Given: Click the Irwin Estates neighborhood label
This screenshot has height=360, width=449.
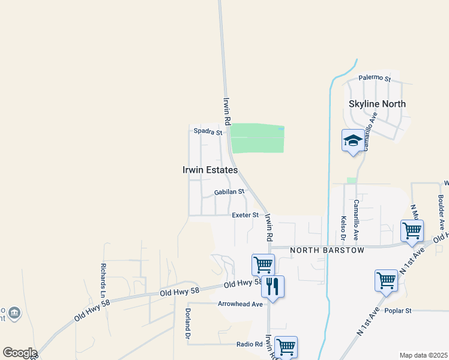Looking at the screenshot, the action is click(210, 170).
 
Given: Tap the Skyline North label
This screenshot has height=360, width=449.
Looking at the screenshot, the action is click(377, 104).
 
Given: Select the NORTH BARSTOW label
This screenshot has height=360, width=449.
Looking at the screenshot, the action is click(327, 250).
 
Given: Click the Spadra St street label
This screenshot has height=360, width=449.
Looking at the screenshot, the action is click(208, 131).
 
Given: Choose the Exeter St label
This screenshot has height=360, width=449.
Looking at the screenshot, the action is click(245, 215).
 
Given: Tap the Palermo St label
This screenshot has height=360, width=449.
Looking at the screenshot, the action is click(375, 79).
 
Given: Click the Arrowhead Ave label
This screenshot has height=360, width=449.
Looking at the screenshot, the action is click(240, 304).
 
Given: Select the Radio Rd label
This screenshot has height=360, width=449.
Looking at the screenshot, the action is click(250, 344).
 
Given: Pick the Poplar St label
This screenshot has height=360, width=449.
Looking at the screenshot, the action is click(399, 311).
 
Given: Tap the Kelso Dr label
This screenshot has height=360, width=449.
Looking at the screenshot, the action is click(344, 229).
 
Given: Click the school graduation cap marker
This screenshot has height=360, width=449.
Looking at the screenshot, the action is click(353, 141).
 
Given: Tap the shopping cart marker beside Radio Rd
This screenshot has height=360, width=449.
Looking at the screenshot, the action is click(286, 346).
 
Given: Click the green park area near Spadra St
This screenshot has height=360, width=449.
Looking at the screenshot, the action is click(257, 138).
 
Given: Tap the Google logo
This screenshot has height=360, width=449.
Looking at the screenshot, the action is click(19, 353).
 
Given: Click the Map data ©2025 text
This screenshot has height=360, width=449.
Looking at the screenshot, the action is click(423, 355).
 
